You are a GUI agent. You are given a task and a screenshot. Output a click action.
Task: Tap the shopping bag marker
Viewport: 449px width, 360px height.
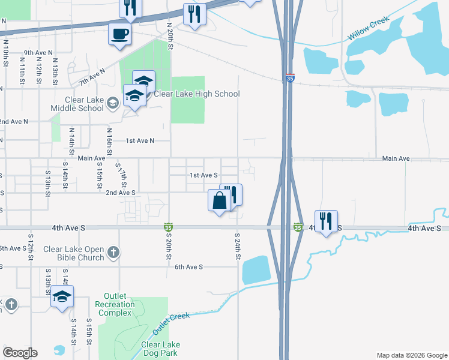click(x=219, y=200)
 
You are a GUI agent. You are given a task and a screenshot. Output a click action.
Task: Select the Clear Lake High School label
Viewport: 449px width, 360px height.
click(x=197, y=94)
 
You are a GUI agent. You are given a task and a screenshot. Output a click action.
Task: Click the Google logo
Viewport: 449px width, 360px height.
click(x=20, y=353)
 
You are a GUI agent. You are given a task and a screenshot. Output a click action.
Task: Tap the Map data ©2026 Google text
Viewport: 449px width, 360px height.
click(x=411, y=355)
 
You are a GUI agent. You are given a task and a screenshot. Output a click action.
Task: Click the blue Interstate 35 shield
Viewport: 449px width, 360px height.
click(x=290, y=77)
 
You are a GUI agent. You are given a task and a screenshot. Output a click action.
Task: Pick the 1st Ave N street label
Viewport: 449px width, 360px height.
click(x=140, y=140)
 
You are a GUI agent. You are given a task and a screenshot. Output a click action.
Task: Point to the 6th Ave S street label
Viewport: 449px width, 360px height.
click(x=189, y=266)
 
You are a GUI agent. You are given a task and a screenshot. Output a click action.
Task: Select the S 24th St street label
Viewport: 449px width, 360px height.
click(x=238, y=246)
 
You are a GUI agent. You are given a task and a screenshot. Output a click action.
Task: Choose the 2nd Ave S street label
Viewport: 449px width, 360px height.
click(x=121, y=193)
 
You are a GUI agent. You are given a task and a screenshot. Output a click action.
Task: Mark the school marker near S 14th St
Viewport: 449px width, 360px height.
click(x=62, y=296)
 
